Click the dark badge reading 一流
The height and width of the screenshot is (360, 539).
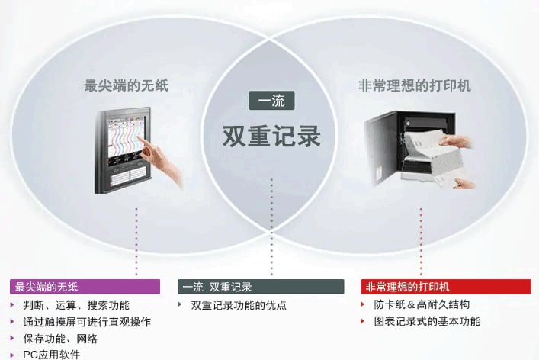271,101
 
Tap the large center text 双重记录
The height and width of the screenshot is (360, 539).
271,137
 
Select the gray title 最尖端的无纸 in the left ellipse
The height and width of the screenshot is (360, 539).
127,85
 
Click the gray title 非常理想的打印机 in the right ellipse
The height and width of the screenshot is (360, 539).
414,85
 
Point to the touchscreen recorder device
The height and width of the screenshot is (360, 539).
123,150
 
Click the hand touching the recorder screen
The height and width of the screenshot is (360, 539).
159,159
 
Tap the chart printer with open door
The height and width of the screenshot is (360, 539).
420,149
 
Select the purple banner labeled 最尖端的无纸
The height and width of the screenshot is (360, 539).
85,287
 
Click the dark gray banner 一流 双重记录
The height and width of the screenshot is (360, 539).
261,287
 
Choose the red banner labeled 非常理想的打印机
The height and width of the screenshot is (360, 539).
446,287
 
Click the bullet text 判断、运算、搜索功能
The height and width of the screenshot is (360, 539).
76,305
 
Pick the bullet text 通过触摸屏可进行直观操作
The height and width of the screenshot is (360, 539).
87,322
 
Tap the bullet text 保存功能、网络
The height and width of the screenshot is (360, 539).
60,339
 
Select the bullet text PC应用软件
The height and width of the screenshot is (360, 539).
52,355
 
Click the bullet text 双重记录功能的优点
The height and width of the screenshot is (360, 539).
239,305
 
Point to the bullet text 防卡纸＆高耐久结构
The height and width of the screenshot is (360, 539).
422,304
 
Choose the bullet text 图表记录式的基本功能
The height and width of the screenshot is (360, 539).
427,322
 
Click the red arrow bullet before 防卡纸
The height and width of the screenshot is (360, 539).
363,304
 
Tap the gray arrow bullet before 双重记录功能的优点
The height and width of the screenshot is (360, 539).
180,304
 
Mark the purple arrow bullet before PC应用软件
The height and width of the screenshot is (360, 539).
12,355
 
